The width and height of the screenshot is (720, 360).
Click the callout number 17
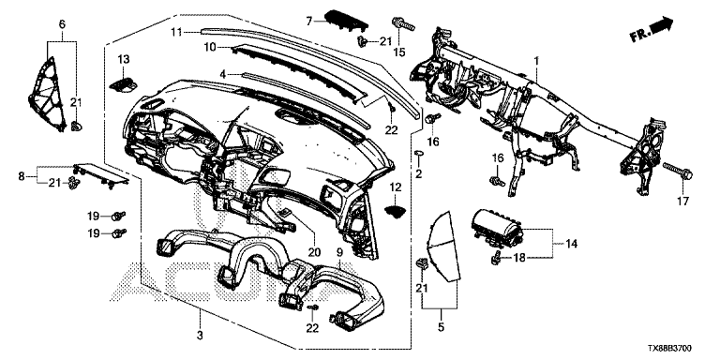point(682,202)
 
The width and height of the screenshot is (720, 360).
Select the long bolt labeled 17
point(678,171)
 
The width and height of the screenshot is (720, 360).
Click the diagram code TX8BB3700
point(670,350)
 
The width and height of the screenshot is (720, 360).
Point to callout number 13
point(124,59)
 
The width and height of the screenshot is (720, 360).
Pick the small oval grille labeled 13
point(124,84)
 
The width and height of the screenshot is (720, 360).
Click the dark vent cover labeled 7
point(346,22)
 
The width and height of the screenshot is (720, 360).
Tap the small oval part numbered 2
point(418,153)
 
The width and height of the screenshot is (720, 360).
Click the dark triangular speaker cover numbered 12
point(396,210)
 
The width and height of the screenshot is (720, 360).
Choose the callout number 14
point(572,243)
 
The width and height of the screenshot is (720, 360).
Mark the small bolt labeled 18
point(496,259)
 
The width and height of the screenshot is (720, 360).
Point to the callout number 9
point(339,252)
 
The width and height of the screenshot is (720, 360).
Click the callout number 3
point(200,336)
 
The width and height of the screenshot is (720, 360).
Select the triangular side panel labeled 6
point(48,94)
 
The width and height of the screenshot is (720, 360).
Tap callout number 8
point(22,176)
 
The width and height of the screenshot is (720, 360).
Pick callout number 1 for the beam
point(536,60)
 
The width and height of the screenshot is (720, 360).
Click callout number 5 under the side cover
point(441,327)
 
